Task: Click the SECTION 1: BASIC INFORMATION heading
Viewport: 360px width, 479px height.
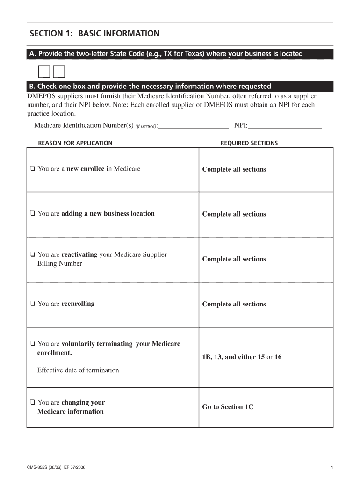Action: click(94, 34)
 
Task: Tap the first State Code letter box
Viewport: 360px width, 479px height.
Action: click(43, 72)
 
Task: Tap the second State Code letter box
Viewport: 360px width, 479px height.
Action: click(59, 72)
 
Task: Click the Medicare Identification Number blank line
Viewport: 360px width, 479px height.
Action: click(194, 125)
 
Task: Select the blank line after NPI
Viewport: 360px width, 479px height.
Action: click(285, 125)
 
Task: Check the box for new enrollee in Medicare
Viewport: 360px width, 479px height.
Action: click(32, 169)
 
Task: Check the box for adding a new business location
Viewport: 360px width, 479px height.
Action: click(32, 214)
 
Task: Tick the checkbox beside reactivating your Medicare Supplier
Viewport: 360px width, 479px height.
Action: click(32, 255)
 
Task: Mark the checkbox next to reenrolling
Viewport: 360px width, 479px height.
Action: click(32, 304)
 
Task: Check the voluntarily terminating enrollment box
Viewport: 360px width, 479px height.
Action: click(32, 344)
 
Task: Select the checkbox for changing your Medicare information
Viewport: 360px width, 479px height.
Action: click(32, 403)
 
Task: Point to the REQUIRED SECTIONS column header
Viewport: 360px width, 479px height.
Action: click(249, 143)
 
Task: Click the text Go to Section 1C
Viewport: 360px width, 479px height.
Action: click(228, 407)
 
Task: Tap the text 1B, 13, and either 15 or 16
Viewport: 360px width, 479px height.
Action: click(242, 357)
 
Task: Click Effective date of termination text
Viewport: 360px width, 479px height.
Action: click(78, 370)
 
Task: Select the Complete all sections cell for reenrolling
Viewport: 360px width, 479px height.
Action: click(234, 304)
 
